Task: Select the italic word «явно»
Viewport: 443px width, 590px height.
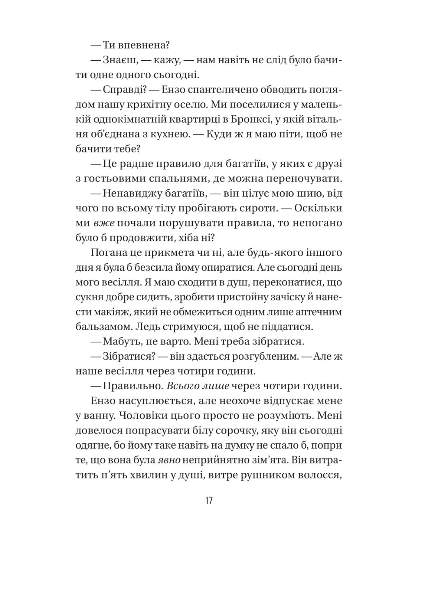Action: pyautogui.click(x=169, y=460)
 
